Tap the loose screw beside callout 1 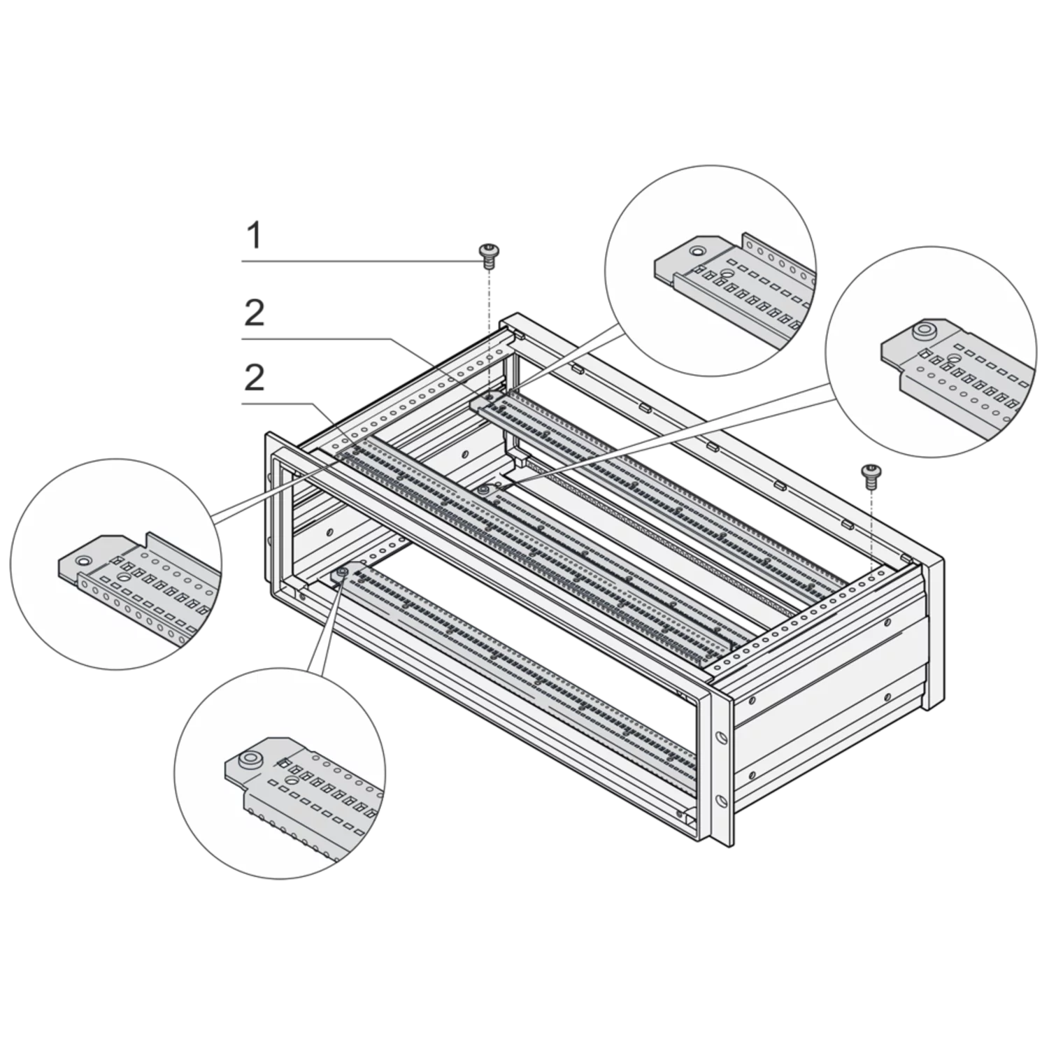pos(487,255)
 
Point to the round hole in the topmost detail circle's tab pos(697,250)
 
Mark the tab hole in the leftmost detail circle pos(83,560)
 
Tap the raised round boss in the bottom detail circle pos(248,759)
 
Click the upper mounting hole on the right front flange pos(720,735)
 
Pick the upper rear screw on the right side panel pos(887,621)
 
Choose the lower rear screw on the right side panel pos(887,696)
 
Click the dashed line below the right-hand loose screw pos(871,525)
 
